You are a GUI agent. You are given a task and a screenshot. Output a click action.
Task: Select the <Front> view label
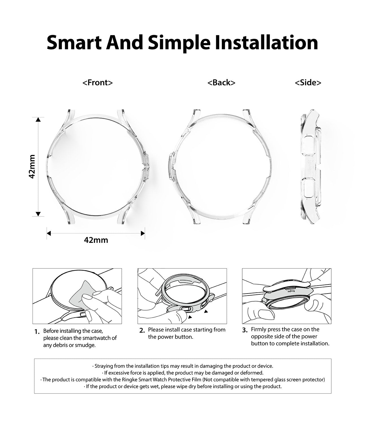(x=98, y=82)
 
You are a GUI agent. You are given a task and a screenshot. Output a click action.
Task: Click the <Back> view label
(x=221, y=82)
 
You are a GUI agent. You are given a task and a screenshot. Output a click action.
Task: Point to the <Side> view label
(x=308, y=82)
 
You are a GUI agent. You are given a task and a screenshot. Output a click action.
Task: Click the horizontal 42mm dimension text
(x=96, y=240)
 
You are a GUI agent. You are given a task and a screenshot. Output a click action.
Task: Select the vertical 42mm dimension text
(x=32, y=166)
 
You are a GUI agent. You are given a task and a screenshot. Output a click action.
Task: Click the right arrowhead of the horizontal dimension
(x=143, y=233)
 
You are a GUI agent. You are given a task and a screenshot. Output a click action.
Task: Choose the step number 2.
(x=142, y=330)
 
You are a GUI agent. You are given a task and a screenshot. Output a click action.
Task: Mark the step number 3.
(x=245, y=330)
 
